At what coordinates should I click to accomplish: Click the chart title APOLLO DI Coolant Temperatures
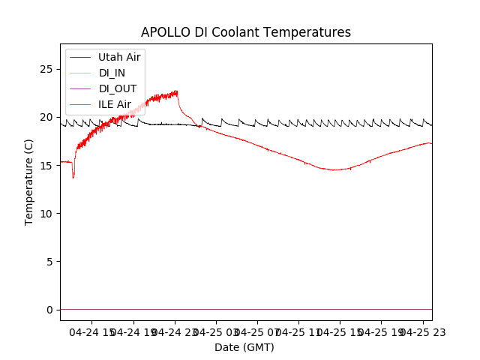coord(246,32)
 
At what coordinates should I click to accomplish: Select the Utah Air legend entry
coord(119,57)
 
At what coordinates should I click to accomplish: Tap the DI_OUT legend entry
coord(118,88)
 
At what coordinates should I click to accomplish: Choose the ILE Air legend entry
coord(115,104)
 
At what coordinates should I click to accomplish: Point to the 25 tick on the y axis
coord(49,69)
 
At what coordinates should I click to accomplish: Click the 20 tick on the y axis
coord(49,117)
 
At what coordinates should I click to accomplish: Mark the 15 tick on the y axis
coord(49,165)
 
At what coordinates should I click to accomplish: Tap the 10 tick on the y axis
coord(49,213)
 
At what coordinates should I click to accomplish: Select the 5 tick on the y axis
coord(52,261)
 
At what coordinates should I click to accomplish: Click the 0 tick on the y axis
coord(52,309)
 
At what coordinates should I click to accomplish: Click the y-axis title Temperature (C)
coord(29,181)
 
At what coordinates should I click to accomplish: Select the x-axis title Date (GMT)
coord(244,347)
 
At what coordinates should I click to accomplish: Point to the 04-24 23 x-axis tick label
coord(175,332)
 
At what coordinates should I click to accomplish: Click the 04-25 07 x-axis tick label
coord(256,332)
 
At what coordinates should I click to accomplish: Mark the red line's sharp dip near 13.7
coord(73,178)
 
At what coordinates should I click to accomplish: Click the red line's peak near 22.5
coord(177,91)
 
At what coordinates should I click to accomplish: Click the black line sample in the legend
coord(81,57)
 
